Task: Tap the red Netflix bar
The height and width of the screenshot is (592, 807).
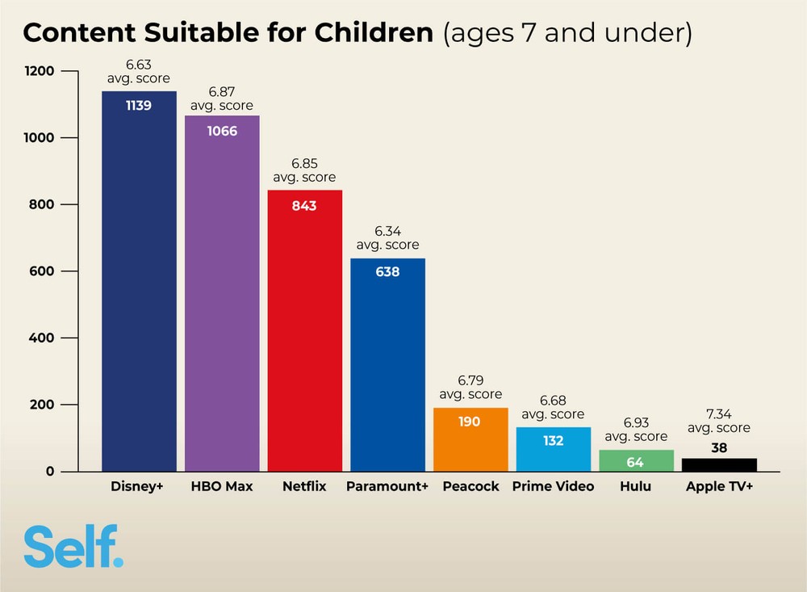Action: (305, 330)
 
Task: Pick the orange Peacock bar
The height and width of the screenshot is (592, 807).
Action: (470, 439)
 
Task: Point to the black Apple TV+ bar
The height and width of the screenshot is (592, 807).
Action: (719, 464)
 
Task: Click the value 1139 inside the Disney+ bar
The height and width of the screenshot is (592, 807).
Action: (139, 105)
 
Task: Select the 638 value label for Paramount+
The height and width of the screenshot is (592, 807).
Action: (387, 272)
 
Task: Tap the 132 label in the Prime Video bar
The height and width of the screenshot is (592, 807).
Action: (553, 441)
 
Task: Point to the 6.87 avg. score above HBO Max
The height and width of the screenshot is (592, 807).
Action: (222, 99)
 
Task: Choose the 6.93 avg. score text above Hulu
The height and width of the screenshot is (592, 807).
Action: (636, 430)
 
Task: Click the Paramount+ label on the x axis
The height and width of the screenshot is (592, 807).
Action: (387, 487)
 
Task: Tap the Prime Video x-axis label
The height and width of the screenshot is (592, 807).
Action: (553, 487)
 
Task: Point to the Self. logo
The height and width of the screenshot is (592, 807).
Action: (73, 547)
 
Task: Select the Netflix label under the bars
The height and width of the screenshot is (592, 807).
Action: (305, 487)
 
